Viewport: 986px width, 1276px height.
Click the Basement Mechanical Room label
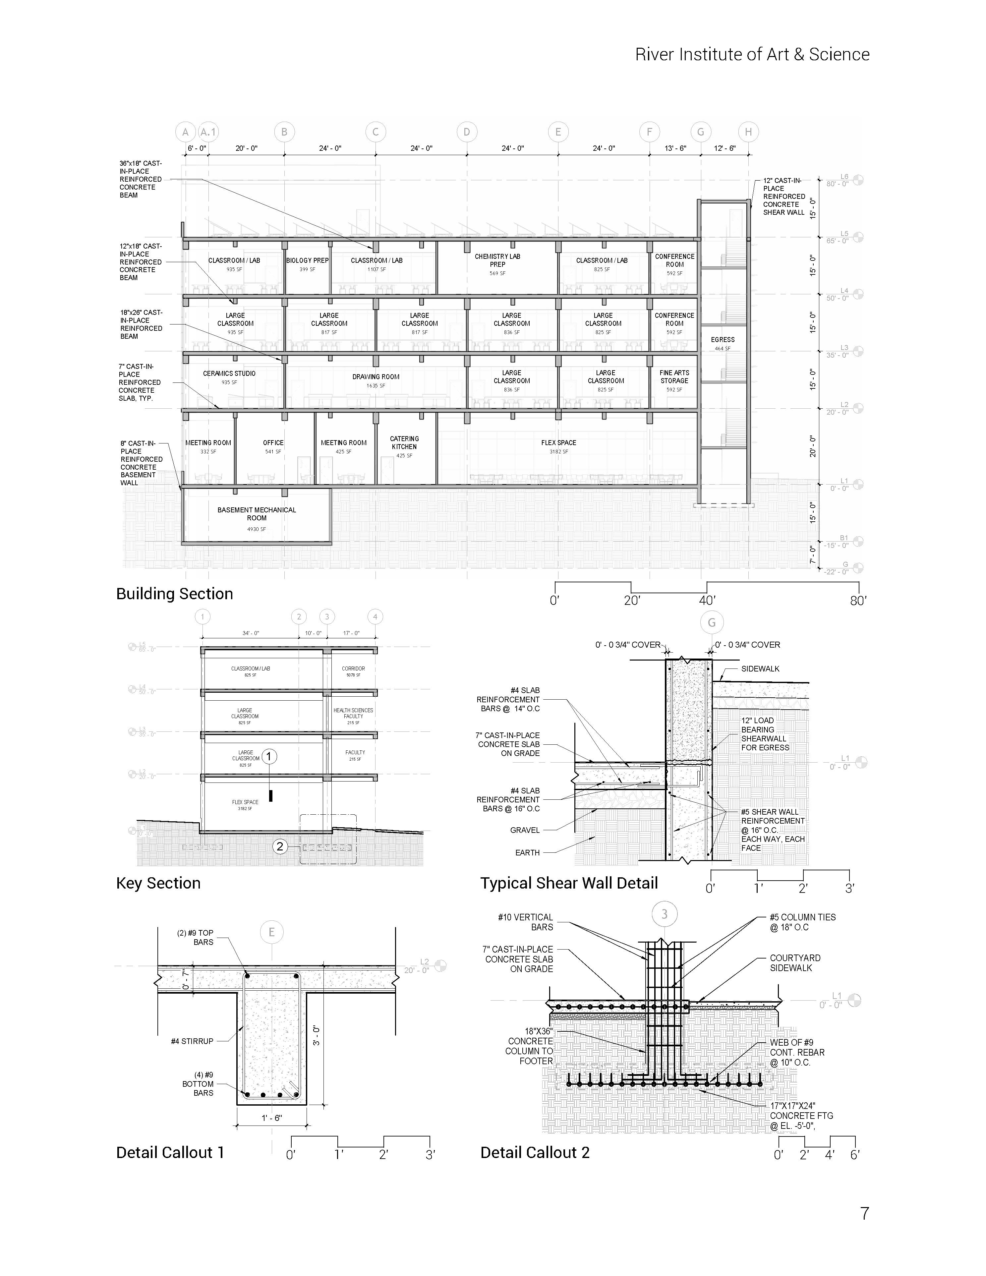pos(257,514)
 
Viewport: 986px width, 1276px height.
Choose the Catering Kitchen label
pos(404,443)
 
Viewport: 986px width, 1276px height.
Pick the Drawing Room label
pos(376,377)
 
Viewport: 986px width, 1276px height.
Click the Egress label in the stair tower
pos(723,339)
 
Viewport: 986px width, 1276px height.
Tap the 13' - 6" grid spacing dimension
pos(675,148)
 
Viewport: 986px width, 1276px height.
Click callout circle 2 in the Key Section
pos(280,846)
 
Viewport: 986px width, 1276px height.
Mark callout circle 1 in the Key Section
pos(269,757)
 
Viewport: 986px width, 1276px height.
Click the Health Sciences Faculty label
pos(353,713)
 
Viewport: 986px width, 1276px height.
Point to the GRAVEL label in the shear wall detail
pos(525,830)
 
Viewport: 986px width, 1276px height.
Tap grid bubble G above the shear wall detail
pos(712,623)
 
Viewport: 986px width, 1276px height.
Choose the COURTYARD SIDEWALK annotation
pos(795,963)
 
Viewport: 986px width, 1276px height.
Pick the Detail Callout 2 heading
pos(535,1153)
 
